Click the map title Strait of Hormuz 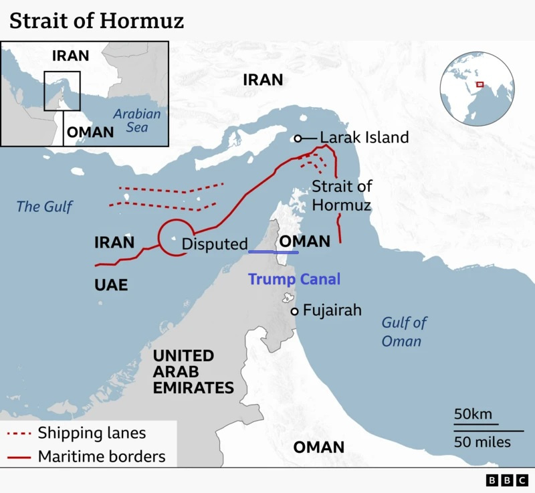point(96,21)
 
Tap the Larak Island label point(364,138)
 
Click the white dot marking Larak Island point(298,138)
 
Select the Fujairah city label point(332,310)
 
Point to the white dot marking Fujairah point(294,311)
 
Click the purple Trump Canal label point(294,279)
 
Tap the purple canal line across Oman point(274,252)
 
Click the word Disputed point(215,244)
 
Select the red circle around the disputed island point(175,235)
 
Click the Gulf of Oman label point(404,332)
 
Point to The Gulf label point(44,207)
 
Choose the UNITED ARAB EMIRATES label point(193,372)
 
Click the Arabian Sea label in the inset point(136,120)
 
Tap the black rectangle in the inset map point(62,90)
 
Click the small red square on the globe point(479,84)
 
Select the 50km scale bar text point(472,414)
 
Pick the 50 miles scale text point(482,441)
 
